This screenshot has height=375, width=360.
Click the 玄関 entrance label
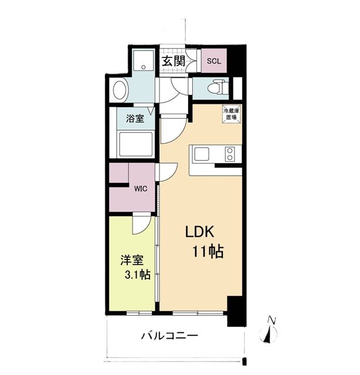pyautogui.click(x=174, y=61)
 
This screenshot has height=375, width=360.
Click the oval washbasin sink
pyautogui.click(x=119, y=91)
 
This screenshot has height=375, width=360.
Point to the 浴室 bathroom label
pyautogui.click(x=135, y=118)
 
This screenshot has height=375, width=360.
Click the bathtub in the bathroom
pyautogui.click(x=135, y=144)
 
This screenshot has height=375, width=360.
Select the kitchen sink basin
pyautogui.click(x=202, y=155)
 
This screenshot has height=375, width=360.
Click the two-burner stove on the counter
pyautogui.click(x=229, y=155)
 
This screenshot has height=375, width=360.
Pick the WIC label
pyautogui.click(x=140, y=189)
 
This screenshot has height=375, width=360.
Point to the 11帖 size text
pyautogui.click(x=207, y=253)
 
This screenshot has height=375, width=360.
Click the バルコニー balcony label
pyautogui.click(x=169, y=336)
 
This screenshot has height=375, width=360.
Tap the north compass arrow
pyautogui.click(x=270, y=334)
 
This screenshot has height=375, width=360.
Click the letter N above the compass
pyautogui.click(x=271, y=320)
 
